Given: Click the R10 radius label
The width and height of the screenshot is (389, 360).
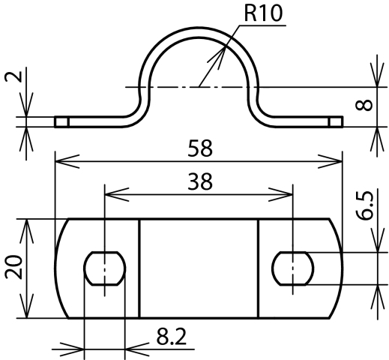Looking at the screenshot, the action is coord(263,13).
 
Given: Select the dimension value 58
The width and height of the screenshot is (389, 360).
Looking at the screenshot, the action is coord(200,148).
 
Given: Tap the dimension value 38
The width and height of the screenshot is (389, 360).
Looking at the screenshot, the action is coord(200,181).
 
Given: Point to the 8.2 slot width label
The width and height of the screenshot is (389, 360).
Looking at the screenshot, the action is coord(172,337).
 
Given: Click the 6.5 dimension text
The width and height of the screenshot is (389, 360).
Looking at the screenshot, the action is coord(364,205).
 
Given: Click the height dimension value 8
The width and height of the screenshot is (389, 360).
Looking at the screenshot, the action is coord(364,105).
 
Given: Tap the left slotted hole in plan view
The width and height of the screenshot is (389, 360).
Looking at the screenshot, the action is coord(105,268).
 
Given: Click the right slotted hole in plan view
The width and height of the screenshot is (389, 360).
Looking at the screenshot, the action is coord(292,268).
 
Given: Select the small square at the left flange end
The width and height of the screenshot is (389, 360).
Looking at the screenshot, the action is coord(61,122).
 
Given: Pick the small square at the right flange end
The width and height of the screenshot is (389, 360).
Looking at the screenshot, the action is coord(337,122).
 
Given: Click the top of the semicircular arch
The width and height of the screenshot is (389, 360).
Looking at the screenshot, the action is coord(199,28).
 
